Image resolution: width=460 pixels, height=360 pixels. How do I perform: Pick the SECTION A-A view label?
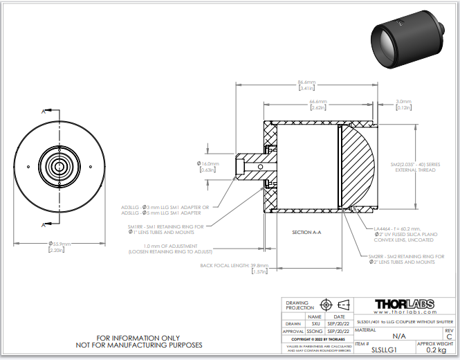coord(306,232)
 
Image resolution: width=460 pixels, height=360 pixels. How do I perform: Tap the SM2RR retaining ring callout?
coord(406,260)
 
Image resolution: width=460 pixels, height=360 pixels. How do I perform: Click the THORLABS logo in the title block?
coord(405,305)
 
